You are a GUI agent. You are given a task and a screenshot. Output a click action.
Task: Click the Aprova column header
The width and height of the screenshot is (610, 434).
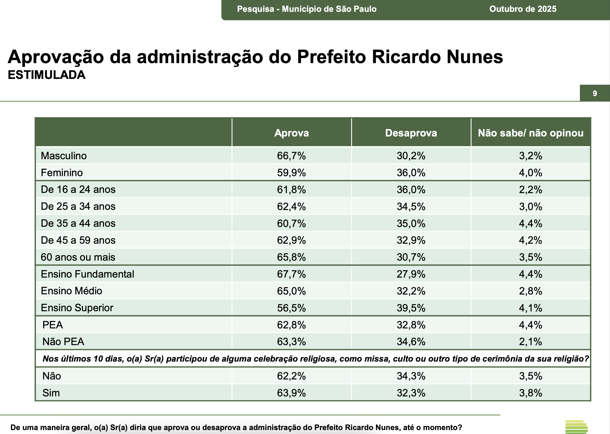291,133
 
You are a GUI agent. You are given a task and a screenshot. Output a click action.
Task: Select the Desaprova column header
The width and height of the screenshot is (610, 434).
411,133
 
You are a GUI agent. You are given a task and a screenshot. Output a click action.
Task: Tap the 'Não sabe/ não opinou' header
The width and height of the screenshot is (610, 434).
531,133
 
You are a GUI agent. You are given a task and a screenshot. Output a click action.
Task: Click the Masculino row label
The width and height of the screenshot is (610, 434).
64,155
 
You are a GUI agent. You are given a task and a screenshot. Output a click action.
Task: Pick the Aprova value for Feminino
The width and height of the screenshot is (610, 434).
291,173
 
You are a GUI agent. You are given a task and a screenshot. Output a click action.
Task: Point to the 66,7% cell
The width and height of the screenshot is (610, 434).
291,155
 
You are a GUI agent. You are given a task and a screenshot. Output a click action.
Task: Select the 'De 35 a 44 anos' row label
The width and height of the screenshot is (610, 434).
78,223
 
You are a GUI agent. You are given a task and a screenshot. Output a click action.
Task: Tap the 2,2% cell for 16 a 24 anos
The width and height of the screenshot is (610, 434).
531,189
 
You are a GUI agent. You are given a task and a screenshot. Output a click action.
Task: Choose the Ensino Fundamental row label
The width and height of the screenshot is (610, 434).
87,274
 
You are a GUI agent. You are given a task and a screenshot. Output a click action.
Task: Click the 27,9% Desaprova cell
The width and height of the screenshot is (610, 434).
411,274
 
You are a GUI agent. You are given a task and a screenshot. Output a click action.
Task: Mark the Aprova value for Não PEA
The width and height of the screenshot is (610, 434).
291,342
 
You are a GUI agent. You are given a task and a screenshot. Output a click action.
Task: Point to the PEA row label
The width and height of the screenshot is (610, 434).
53,325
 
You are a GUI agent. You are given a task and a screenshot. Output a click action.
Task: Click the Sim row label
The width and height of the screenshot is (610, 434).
51,393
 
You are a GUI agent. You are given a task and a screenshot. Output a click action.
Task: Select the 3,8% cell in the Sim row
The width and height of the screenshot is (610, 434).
531,393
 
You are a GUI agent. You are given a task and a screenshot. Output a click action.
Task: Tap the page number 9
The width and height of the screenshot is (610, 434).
595,93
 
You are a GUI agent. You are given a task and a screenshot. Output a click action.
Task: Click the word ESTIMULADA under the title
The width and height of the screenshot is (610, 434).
46,75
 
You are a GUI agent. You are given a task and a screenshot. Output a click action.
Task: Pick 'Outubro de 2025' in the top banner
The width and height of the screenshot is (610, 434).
523,9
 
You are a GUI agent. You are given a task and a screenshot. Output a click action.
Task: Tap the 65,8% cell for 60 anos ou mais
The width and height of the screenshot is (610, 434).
291,257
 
